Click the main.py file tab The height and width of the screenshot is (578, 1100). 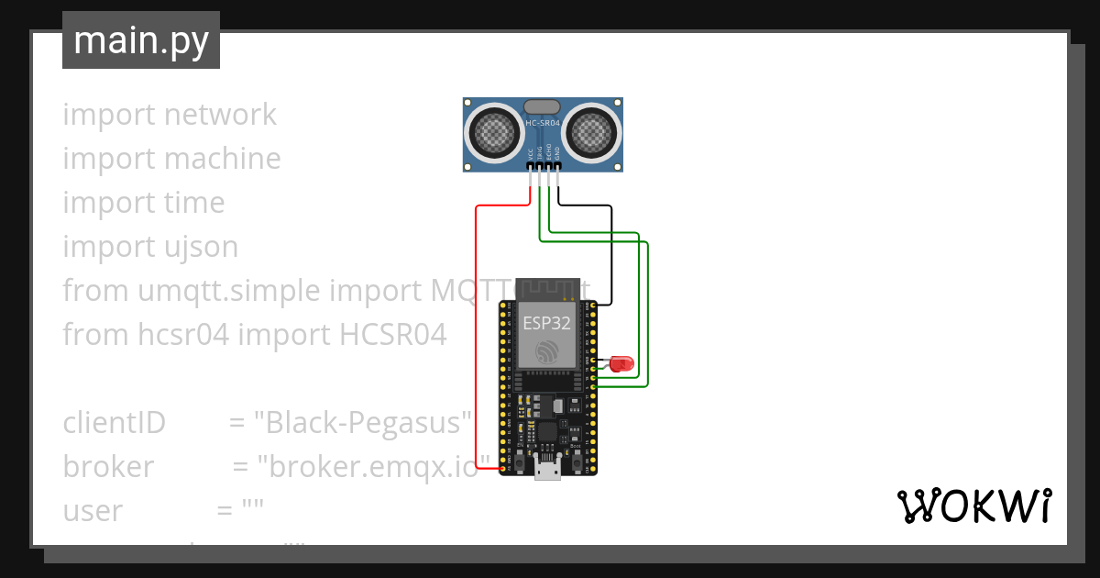click(140, 40)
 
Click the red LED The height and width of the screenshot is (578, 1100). click(623, 363)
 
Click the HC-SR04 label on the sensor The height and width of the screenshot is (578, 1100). click(543, 122)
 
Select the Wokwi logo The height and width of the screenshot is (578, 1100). click(973, 506)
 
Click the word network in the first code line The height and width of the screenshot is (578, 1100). click(220, 115)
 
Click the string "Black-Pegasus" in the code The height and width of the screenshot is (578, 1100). click(361, 423)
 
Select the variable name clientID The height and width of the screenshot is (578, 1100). click(114, 423)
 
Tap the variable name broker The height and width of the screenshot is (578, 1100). click(108, 467)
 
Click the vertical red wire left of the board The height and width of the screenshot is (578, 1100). click(476, 339)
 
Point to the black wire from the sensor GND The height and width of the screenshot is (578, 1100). click(611, 257)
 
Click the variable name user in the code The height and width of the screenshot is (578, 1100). click(93, 511)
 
